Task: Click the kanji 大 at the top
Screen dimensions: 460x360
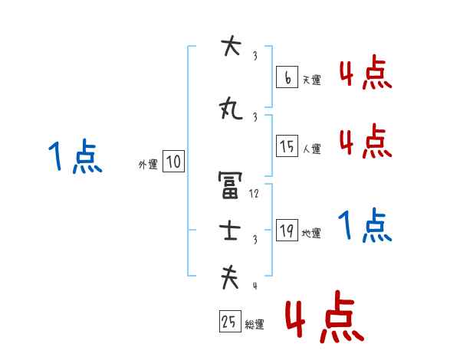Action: coord(230,48)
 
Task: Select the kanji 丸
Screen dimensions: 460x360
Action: coord(230,110)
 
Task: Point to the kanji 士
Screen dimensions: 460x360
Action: coord(230,232)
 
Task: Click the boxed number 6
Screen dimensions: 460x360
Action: coord(287,77)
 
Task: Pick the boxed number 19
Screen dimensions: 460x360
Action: coord(287,231)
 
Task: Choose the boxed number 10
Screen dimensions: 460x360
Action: coord(174,162)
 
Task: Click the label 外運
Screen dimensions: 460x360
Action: coord(147,164)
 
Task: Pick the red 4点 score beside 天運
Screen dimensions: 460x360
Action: coord(365,74)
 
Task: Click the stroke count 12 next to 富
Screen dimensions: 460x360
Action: coord(255,194)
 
